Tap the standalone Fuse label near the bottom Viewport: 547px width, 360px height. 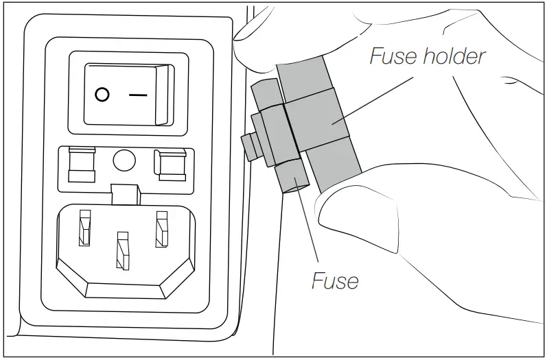[x=335, y=280]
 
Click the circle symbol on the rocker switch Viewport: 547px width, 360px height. [x=102, y=95]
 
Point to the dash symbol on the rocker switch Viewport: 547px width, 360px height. [x=138, y=95]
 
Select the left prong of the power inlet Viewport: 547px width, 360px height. [x=84, y=227]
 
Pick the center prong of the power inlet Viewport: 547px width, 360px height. [x=123, y=250]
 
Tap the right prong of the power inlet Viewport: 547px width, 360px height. [x=162, y=228]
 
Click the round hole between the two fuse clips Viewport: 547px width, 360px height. [x=124, y=160]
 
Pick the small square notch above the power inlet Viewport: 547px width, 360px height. [x=124, y=193]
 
